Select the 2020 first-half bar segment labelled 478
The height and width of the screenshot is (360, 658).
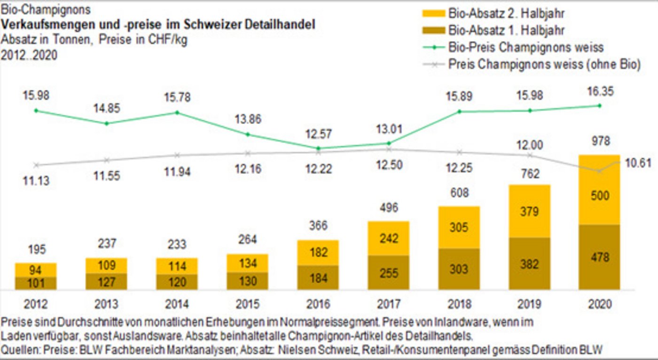click(599, 257)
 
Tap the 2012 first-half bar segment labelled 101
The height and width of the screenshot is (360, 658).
click(36, 283)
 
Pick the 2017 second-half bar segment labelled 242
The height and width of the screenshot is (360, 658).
click(388, 238)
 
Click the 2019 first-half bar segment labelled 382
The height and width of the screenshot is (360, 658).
click(529, 264)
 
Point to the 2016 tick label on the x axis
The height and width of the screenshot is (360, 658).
click(318, 305)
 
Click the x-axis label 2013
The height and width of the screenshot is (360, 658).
click(106, 305)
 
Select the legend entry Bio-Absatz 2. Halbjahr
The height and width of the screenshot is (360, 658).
click(506, 14)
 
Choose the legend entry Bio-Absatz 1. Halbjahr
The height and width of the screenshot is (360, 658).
click(506, 31)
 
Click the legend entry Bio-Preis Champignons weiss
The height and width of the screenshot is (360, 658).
click(525, 47)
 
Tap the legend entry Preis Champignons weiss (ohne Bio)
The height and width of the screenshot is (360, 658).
click(544, 64)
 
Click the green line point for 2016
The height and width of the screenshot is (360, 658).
click(318, 148)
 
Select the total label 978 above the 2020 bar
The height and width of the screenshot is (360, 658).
click(599, 141)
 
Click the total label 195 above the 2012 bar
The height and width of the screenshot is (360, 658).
click(36, 249)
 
